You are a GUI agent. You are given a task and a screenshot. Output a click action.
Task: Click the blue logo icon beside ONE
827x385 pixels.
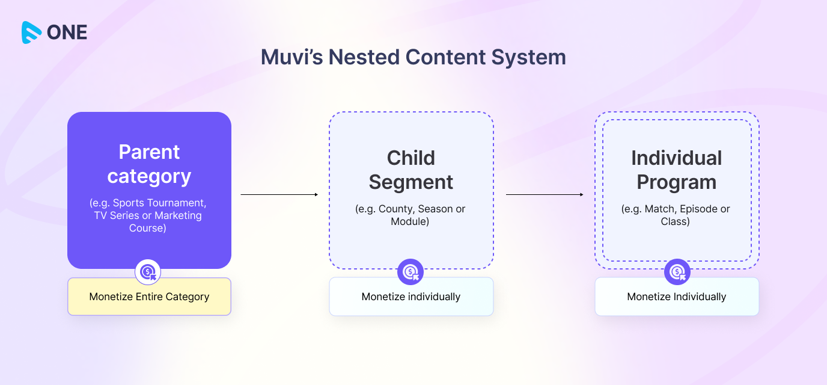click(x=32, y=32)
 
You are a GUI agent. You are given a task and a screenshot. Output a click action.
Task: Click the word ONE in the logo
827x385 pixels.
click(x=67, y=32)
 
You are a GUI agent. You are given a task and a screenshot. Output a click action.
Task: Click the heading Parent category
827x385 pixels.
click(x=149, y=164)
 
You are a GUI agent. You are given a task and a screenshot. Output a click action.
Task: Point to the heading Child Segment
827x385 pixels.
click(x=411, y=170)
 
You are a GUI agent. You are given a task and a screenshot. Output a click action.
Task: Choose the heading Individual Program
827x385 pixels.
click(x=677, y=170)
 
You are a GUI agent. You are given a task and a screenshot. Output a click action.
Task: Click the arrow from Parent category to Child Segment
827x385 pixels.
click(x=279, y=194)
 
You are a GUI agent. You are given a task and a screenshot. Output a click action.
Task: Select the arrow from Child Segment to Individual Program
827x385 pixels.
click(x=545, y=194)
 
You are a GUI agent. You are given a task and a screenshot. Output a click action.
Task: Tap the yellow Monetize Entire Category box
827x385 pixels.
click(x=149, y=297)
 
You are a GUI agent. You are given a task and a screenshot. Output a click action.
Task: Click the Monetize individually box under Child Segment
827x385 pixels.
click(x=411, y=297)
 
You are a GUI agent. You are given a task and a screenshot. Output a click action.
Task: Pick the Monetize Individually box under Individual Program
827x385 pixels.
click(x=677, y=297)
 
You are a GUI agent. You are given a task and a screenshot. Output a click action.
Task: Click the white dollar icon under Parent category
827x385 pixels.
click(x=148, y=273)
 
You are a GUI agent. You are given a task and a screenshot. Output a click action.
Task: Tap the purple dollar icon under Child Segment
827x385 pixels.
click(x=410, y=273)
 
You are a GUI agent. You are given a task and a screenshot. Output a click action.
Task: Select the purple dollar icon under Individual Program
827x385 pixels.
click(x=677, y=273)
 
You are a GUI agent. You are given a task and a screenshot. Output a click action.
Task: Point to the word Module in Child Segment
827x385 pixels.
click(x=411, y=221)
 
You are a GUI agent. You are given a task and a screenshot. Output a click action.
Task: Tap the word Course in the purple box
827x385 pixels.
click(x=147, y=228)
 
